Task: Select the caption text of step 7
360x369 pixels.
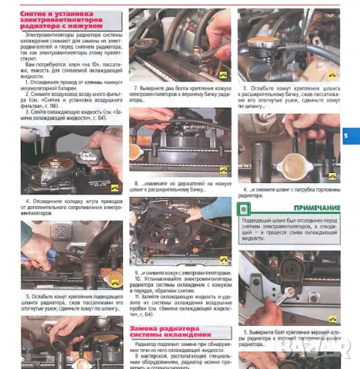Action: pos(175,95)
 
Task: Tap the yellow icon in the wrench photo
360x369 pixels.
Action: pos(333,317)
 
